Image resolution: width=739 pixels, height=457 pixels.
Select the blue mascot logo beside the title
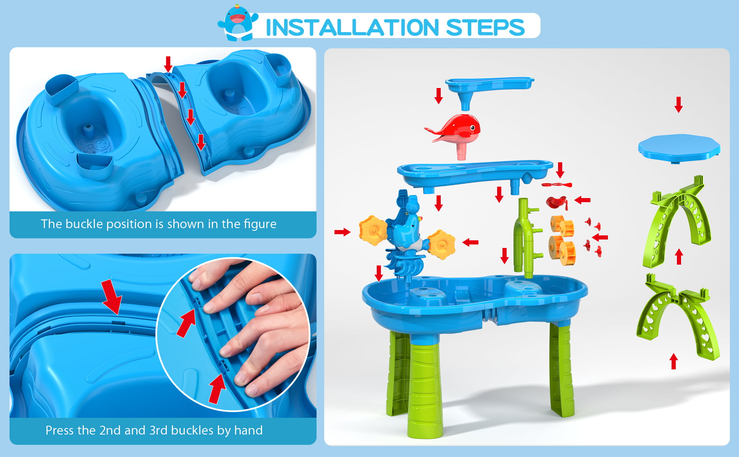coord(238,22)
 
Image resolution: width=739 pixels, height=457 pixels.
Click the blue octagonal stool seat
coord(679,149)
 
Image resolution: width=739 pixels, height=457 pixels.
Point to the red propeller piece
coord(557,185)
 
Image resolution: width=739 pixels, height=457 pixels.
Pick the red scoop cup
coord(557,202)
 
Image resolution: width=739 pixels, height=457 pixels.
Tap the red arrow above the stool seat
coord(678,104)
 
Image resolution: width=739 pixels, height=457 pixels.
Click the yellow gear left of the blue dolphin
coord(373,230)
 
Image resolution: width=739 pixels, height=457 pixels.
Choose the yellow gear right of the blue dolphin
coord(441,244)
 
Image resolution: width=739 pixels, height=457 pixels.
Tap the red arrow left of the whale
coord(438,96)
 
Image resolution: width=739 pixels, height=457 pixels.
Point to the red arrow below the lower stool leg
coord(673,361)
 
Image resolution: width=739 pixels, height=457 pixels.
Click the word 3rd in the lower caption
coord(158,430)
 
